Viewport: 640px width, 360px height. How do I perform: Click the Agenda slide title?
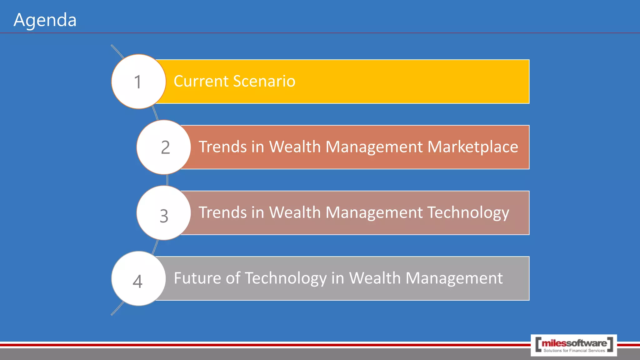tap(45, 20)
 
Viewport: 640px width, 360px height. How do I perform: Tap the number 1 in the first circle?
tap(138, 82)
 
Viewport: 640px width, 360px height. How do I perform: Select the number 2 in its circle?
tap(165, 147)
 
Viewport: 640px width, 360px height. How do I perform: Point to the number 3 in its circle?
tap(164, 216)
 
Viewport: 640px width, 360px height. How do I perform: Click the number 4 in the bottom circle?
tap(137, 282)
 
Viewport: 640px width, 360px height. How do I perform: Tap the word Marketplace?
tap(472, 147)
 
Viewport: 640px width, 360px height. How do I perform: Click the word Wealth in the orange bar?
tap(295, 147)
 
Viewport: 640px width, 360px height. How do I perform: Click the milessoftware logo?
tap(574, 343)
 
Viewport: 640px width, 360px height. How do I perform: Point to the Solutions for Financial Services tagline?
tap(574, 351)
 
